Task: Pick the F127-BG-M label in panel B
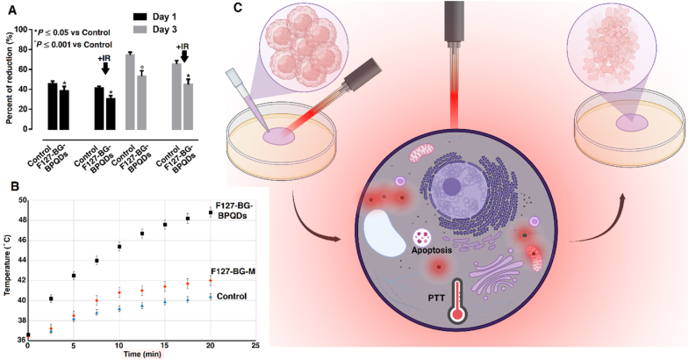pyautogui.click(x=233, y=271)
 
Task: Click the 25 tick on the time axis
pyautogui.click(x=255, y=347)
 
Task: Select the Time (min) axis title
pyautogui.click(x=141, y=355)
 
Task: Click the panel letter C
pyautogui.click(x=240, y=11)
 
